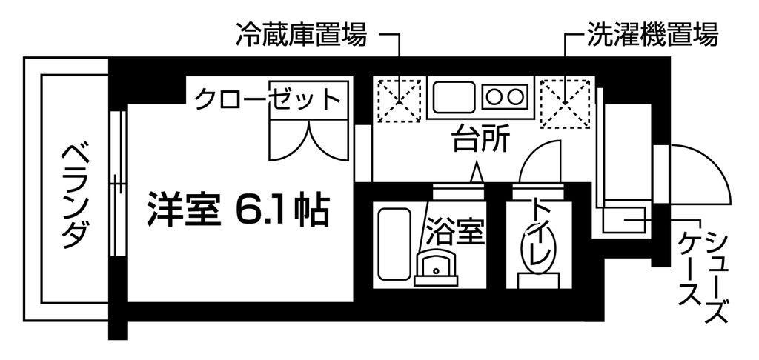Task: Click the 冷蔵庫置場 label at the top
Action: pyautogui.click(x=301, y=35)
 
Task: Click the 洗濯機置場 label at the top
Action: pyautogui.click(x=652, y=35)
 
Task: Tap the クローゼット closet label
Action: pyautogui.click(x=267, y=99)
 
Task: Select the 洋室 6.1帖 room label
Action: pyautogui.click(x=239, y=210)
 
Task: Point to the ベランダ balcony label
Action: pyautogui.click(x=76, y=196)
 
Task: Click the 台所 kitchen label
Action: pyautogui.click(x=480, y=140)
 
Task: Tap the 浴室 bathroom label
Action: pyautogui.click(x=455, y=233)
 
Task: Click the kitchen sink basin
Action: pyautogui.click(x=454, y=97)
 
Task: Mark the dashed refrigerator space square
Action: pyautogui.click(x=399, y=101)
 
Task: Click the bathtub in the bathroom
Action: pyautogui.click(x=394, y=244)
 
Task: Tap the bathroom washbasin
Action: pyautogui.click(x=436, y=269)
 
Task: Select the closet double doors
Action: pyautogui.click(x=308, y=140)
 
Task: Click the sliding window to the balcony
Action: pyautogui.click(x=117, y=184)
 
